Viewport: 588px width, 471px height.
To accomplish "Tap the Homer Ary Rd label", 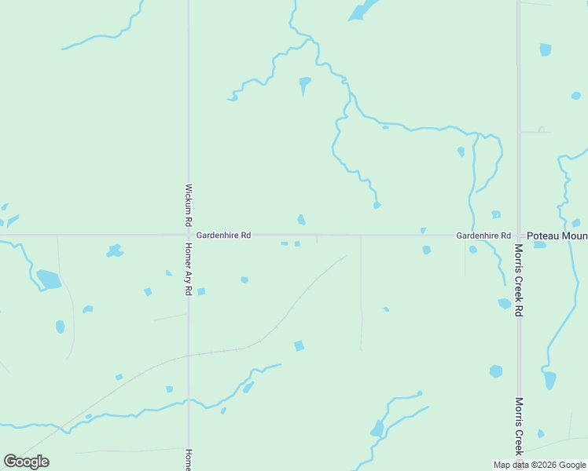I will (189, 268).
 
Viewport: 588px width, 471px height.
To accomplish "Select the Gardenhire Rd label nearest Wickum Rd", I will (223, 235).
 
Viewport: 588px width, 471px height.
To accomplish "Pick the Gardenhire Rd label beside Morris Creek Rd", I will (483, 235).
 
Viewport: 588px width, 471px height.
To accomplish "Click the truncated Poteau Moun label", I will (557, 235).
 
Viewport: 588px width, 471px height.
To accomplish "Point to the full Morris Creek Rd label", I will (519, 279).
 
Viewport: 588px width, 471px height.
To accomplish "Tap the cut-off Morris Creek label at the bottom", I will (519, 425).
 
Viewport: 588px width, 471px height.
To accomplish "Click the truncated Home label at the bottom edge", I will (189, 459).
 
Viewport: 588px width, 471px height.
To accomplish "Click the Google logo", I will (27, 461).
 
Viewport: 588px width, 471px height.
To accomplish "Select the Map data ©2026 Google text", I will (540, 465).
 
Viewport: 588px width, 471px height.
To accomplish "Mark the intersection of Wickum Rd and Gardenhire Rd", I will (189, 235).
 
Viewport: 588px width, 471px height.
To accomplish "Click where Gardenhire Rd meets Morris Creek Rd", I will (519, 235).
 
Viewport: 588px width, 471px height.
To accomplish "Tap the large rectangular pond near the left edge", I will (49, 279).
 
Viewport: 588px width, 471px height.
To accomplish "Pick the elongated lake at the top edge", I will (361, 11).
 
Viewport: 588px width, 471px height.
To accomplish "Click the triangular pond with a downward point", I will (304, 83).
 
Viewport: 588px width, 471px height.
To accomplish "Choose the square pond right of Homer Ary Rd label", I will (201, 291).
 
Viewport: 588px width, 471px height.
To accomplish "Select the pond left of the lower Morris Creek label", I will (496, 371).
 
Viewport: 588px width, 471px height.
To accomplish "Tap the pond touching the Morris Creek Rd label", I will (505, 303).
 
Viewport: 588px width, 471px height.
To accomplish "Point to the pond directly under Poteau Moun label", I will (540, 245).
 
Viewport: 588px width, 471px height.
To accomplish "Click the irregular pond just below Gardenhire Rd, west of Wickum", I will (115, 251).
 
